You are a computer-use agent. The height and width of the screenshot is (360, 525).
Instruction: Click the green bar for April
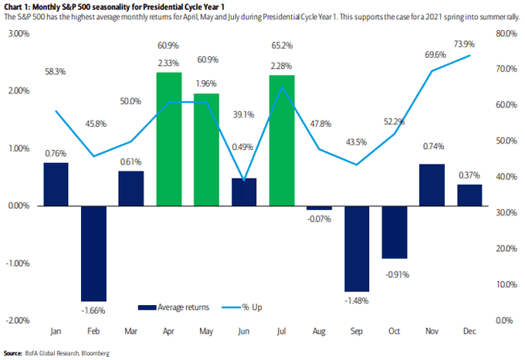click(169, 139)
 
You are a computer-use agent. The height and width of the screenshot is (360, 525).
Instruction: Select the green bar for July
click(282, 141)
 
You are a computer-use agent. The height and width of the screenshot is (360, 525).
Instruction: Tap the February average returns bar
click(93, 253)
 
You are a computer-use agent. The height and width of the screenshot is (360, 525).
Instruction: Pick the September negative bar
click(357, 249)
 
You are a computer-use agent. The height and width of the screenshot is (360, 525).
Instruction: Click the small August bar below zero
click(319, 208)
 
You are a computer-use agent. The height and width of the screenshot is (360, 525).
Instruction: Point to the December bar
click(469, 195)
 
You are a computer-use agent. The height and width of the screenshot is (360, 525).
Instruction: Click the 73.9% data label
click(465, 44)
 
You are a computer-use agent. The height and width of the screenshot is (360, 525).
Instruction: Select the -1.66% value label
click(93, 311)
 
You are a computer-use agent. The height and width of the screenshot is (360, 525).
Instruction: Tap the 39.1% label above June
click(243, 115)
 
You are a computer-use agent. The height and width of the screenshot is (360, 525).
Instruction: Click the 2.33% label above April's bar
click(168, 63)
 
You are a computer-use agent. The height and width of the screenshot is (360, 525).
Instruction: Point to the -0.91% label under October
click(397, 275)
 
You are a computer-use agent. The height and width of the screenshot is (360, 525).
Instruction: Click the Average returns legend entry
click(174, 307)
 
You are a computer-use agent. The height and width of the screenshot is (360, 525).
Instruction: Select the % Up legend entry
click(242, 307)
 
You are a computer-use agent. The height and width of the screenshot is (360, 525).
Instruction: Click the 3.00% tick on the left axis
click(19, 34)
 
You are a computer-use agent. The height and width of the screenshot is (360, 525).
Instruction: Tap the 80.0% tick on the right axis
click(506, 34)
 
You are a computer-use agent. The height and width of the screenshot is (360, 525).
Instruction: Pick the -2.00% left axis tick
click(18, 321)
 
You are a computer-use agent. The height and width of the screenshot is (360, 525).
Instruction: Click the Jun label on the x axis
click(244, 331)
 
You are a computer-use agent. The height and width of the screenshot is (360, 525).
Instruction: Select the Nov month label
click(432, 331)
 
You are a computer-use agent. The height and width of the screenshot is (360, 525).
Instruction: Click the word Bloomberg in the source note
click(96, 353)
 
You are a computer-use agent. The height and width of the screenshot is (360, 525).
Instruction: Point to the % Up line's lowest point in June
click(244, 180)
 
